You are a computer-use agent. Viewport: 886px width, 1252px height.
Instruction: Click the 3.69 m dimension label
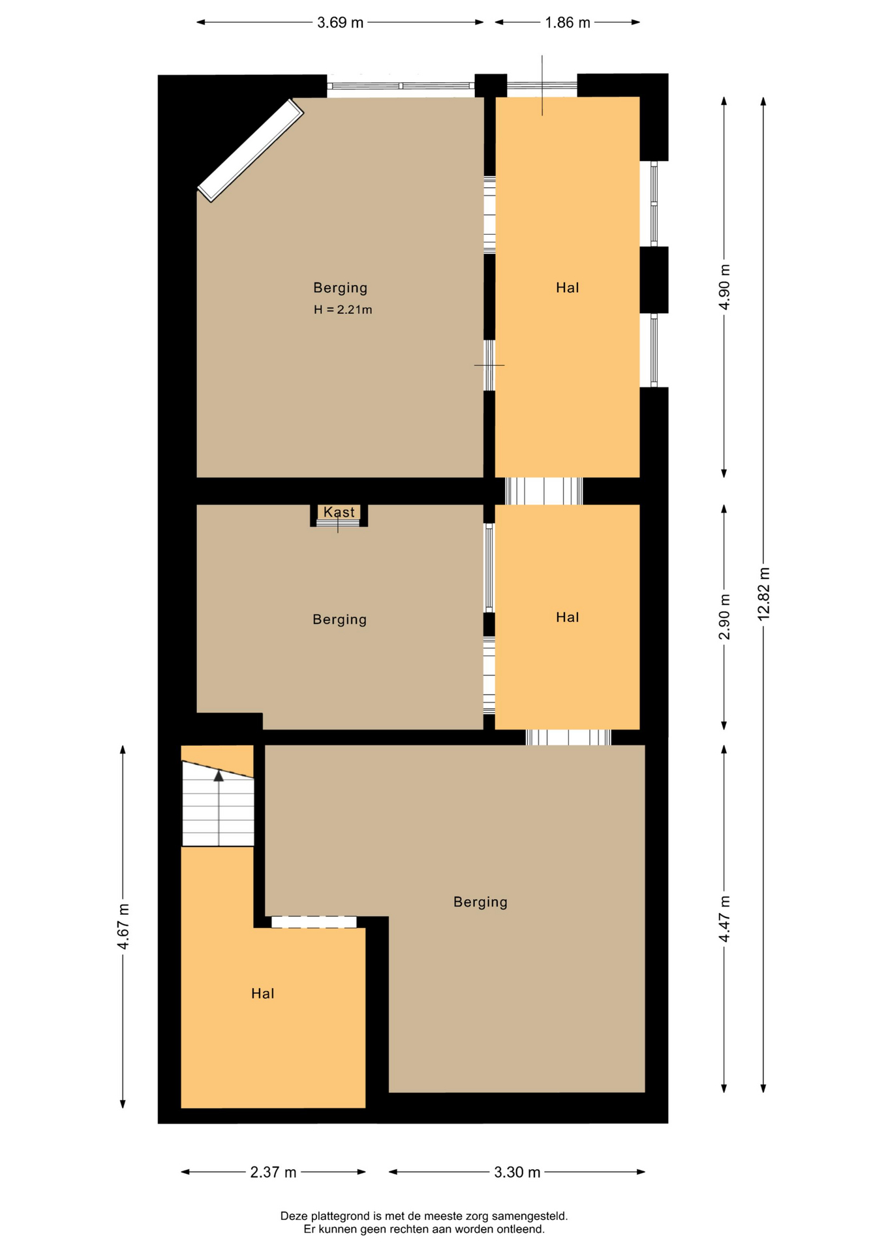click(x=340, y=23)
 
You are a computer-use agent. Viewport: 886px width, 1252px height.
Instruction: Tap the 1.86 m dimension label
click(x=568, y=23)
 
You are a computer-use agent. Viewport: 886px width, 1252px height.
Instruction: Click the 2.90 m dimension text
click(x=724, y=617)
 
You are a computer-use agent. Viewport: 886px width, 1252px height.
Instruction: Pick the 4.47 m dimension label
click(x=724, y=918)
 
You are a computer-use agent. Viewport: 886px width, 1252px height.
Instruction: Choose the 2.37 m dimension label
click(x=273, y=1172)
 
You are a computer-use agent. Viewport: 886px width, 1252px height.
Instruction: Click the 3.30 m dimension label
click(x=517, y=1172)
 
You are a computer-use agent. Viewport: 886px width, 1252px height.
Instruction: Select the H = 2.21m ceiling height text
click(x=343, y=310)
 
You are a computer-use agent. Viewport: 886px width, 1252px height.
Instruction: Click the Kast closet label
click(x=339, y=512)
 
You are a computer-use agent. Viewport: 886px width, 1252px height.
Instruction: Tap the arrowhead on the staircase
click(x=219, y=775)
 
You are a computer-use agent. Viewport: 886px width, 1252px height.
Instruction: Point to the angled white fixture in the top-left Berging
click(x=251, y=150)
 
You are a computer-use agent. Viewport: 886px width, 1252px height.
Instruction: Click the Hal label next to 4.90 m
click(x=568, y=288)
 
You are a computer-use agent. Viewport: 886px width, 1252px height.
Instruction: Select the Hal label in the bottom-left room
click(x=263, y=993)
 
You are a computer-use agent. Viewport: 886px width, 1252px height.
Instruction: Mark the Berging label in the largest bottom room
click(x=480, y=902)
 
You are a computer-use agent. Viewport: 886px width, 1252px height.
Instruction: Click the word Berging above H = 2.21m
click(x=340, y=288)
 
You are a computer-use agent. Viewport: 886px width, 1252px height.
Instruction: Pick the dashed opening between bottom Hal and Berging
click(x=314, y=922)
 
